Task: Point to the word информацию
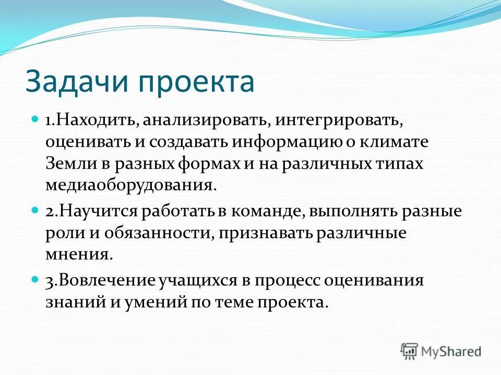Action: (286, 142)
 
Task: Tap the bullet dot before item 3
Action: (35, 279)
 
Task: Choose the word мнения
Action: (78, 256)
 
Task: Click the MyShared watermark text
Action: (450, 351)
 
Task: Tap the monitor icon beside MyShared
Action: (410, 351)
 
